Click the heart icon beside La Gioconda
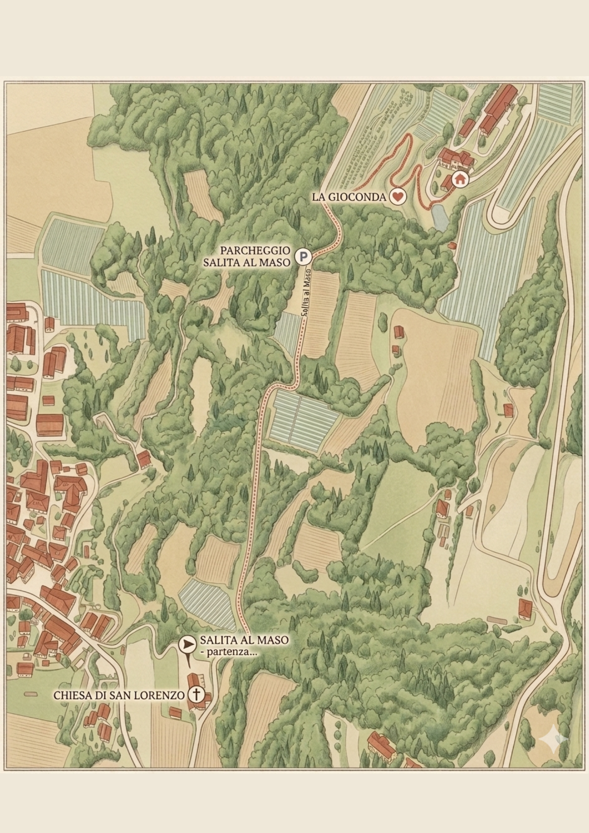point(398,197)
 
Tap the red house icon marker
point(460,180)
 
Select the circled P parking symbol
point(304,257)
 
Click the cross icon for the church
point(196,694)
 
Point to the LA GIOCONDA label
point(349,197)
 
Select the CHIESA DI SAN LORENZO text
point(119,695)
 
